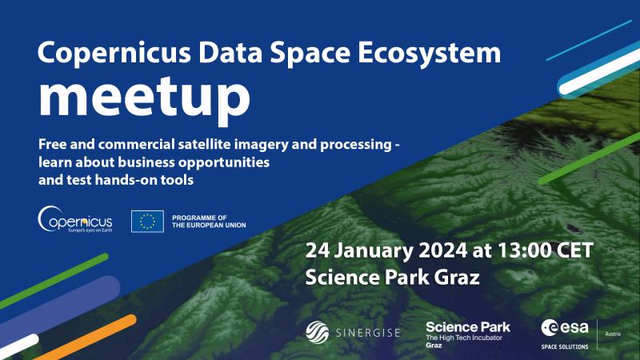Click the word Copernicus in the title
[x=114, y=54]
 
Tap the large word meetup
[x=144, y=98]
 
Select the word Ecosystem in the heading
[x=430, y=54]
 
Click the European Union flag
[x=147, y=222]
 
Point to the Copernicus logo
[x=75, y=219]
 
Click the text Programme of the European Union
[x=209, y=222]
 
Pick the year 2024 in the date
[x=443, y=250]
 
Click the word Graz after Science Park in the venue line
[x=456, y=278]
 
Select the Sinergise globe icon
[x=318, y=332]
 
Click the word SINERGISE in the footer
[x=368, y=333]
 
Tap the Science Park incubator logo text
[x=468, y=334]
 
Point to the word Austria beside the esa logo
[x=613, y=334]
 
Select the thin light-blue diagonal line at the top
[x=589, y=41]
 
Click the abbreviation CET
[x=574, y=250]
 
